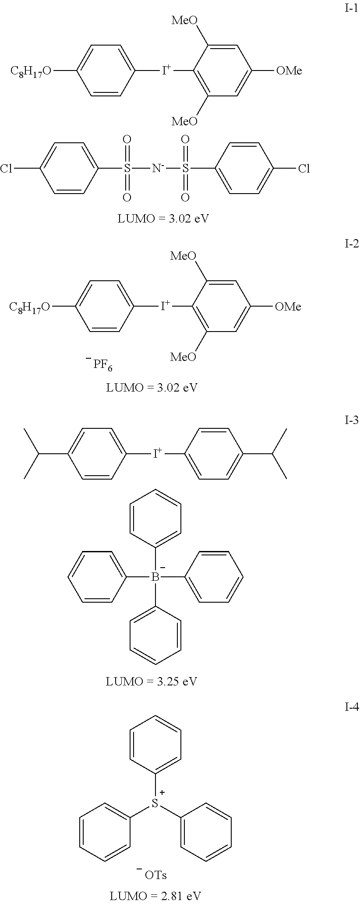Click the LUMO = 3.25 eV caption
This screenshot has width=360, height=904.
pyautogui.click(x=151, y=682)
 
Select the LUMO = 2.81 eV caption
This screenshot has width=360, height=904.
pyautogui.click(x=155, y=896)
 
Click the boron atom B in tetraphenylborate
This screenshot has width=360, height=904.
pyautogui.click(x=155, y=578)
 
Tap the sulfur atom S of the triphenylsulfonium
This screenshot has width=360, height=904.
pyautogui.click(x=155, y=803)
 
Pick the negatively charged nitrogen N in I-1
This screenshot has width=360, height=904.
pyautogui.click(x=155, y=168)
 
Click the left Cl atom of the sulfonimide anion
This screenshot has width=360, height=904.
pyautogui.click(x=6, y=169)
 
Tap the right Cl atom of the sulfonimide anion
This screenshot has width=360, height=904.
pyautogui.click(x=304, y=169)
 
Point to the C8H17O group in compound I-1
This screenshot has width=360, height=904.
pyautogui.click(x=31, y=71)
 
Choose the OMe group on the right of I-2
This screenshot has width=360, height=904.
pyautogui.click(x=288, y=307)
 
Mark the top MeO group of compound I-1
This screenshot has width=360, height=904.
pyautogui.click(x=184, y=20)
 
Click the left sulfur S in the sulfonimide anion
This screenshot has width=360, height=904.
pyautogui.click(x=127, y=169)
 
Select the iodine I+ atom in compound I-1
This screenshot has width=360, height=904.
pyautogui.click(x=165, y=71)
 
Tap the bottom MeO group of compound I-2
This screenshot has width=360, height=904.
pyautogui.click(x=183, y=357)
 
